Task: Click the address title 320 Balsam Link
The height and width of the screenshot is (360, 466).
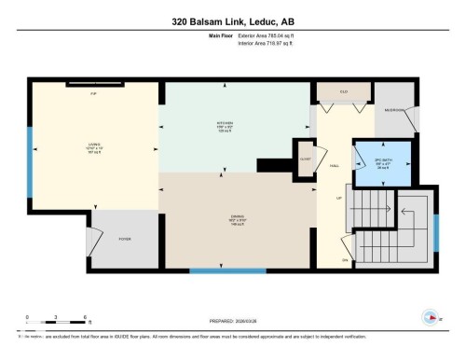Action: click(233, 21)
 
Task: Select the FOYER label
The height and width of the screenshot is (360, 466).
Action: click(124, 240)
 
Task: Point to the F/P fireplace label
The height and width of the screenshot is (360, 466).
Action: click(92, 94)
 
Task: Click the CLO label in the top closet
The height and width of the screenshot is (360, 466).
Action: click(344, 91)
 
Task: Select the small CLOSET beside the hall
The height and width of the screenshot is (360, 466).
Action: click(305, 156)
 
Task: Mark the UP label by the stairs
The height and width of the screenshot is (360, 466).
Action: click(339, 198)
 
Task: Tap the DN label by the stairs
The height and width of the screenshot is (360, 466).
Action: click(345, 259)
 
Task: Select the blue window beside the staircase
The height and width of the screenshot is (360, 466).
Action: click(434, 233)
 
